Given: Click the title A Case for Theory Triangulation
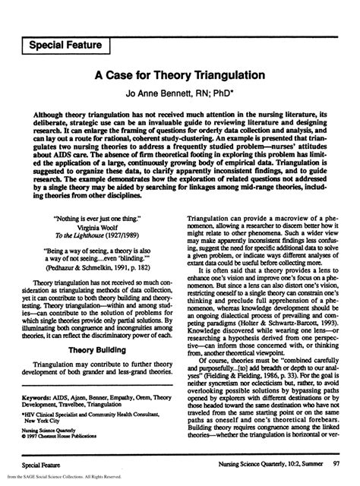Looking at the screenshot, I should [x=179, y=77].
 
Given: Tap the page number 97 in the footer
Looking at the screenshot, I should [x=336, y=462].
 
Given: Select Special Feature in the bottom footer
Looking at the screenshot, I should [x=43, y=462].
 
